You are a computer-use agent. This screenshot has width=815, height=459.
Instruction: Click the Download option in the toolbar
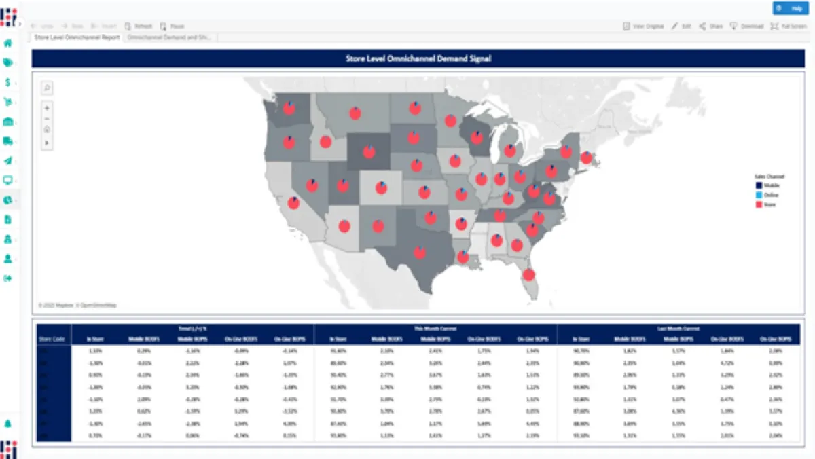pos(747,26)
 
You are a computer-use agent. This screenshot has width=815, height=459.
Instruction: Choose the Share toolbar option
pos(711,26)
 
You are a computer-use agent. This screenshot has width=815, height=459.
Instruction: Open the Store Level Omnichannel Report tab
pos(77,37)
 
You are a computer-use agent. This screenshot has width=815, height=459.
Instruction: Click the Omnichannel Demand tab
pos(168,37)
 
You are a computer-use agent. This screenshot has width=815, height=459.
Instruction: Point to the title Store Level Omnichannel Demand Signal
pos(418,58)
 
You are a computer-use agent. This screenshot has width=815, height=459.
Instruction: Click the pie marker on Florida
pos(528,275)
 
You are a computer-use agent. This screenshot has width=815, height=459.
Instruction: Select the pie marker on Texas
pos(420,252)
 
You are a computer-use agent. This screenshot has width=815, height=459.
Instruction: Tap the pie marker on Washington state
pos(289,108)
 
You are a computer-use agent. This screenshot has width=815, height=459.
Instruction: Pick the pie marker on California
pos(293,203)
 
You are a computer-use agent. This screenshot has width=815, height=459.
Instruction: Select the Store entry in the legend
pos(765,204)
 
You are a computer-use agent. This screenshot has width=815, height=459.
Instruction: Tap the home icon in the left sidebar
pos(8,43)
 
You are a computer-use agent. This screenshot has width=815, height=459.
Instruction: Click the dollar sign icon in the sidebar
pos(7,82)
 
